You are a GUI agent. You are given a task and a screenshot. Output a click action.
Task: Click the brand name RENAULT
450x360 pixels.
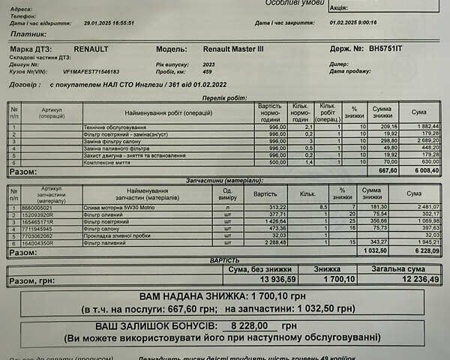91,49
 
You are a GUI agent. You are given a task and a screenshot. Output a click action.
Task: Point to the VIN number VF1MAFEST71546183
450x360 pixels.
91,72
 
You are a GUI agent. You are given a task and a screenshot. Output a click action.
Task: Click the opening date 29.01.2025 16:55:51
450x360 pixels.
109,22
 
